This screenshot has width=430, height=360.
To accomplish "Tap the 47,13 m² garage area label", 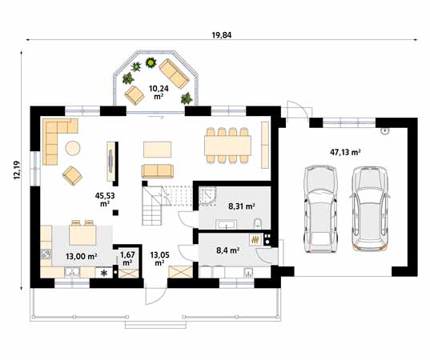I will coord(345,151).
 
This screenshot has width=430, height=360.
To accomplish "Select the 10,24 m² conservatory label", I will coord(159,91).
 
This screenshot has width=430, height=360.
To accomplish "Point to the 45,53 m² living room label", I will coord(105,199).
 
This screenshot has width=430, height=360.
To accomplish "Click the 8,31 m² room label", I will coord(241,206).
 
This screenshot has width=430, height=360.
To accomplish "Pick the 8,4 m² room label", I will coord(230,250).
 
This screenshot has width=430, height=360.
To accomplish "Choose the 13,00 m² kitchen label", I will coord(81,256).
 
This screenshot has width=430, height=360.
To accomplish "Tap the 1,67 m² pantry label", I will coord(127,258).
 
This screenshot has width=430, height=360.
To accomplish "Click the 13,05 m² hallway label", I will coord(159,258).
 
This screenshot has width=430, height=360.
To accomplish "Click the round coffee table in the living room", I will coord(73,147).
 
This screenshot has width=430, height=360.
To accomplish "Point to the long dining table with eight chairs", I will coord(227,145).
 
